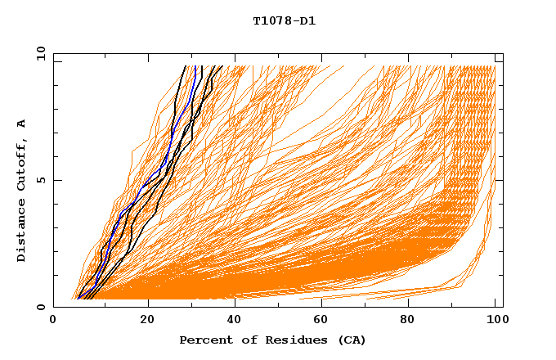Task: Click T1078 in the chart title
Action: pos(271,21)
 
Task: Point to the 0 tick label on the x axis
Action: pos(54,321)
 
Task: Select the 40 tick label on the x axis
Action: pos(236,321)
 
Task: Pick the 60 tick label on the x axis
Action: pos(325,321)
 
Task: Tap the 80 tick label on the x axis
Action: pos(413,321)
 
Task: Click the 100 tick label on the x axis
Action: pos(495,321)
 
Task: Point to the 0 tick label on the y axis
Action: pos(40,307)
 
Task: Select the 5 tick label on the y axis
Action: pos(40,180)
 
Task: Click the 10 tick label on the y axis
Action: pos(40,54)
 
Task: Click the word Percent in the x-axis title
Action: pos(204,340)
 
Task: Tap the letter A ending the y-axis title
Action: pos(22,124)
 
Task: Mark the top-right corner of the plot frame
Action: pos(503,54)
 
